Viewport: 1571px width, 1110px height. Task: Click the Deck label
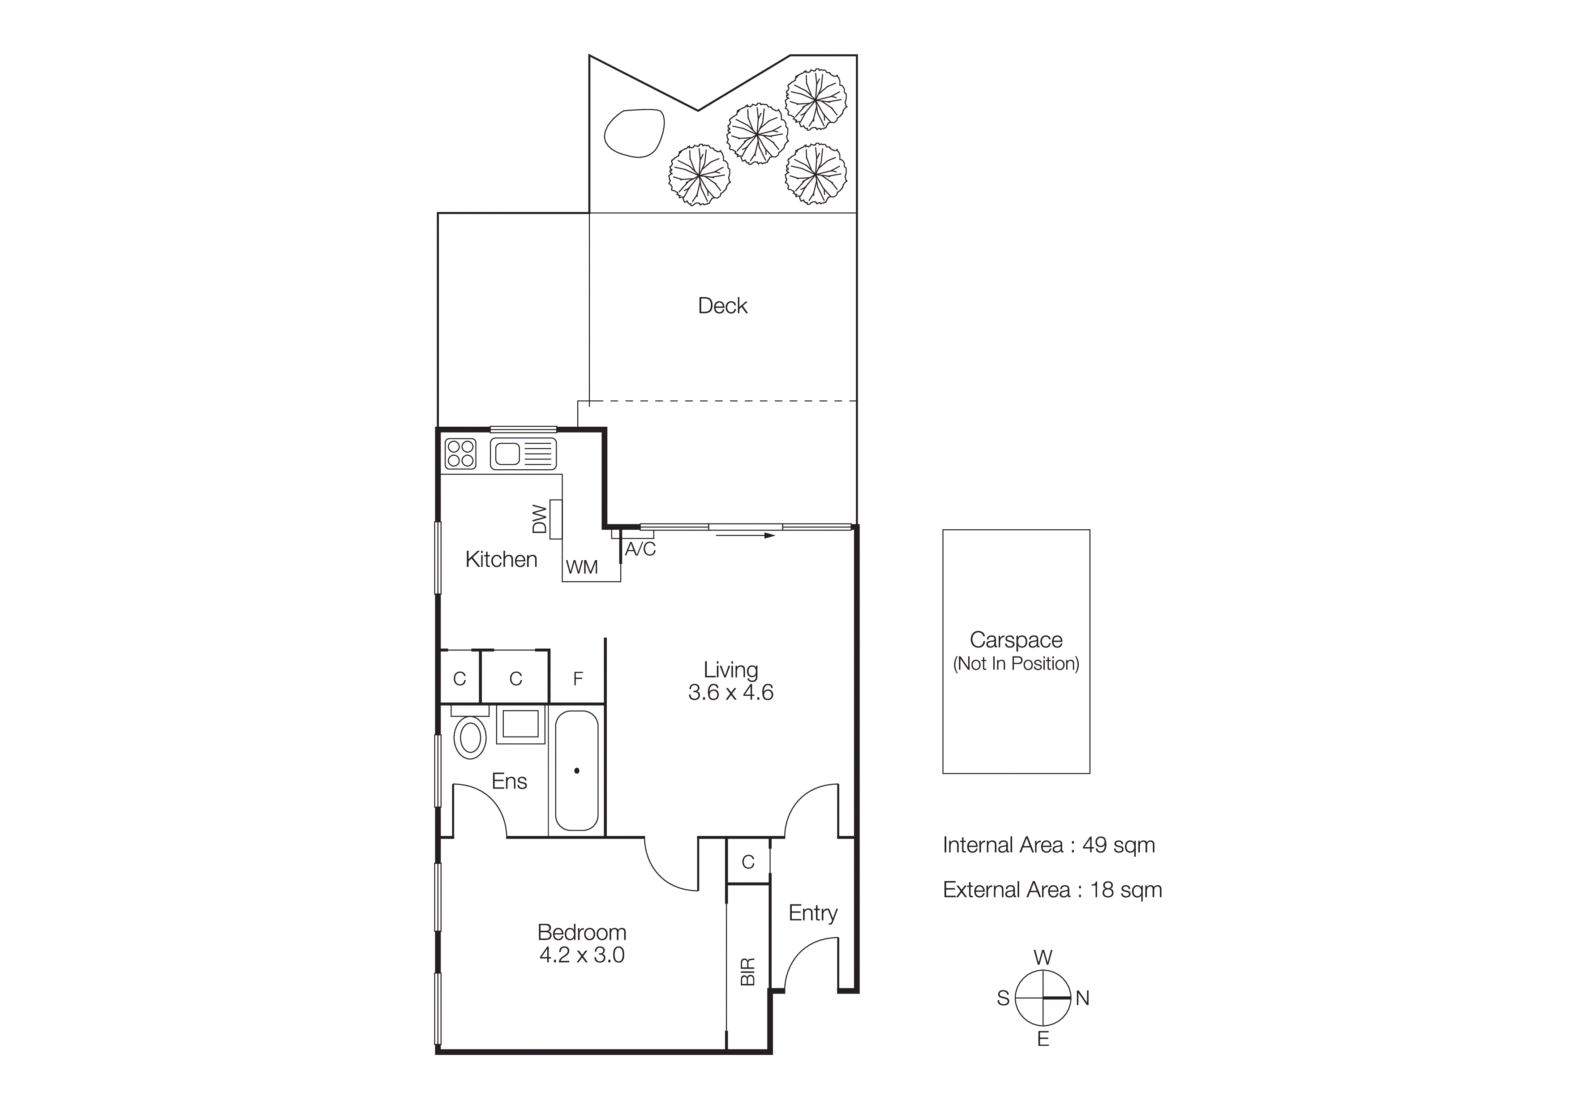coord(722,306)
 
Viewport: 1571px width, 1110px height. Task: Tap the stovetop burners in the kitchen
coord(460,453)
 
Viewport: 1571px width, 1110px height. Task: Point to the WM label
coord(582,567)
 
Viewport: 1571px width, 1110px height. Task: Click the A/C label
coord(640,549)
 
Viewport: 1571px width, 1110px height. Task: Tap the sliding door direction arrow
coord(745,536)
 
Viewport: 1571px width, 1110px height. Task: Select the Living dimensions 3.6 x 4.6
coord(731,692)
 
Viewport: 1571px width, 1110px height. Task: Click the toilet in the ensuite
coord(470,737)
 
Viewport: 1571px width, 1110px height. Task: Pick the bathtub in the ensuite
coord(577,770)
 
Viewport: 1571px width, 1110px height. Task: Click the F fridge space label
coord(578,678)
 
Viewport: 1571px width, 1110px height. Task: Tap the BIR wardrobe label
coord(748,971)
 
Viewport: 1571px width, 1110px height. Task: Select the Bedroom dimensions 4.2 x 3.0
coord(582,955)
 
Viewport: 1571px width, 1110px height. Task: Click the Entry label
coord(813,913)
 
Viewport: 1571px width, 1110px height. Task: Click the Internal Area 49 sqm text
coord(1048,845)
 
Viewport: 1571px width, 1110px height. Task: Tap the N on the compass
coord(1082,999)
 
